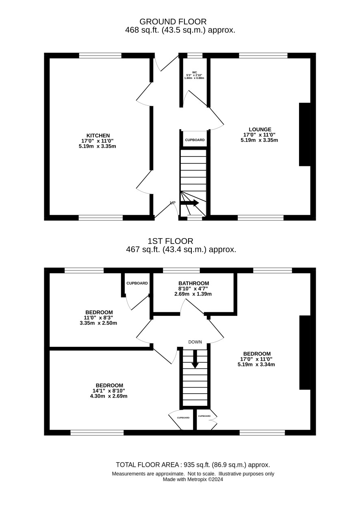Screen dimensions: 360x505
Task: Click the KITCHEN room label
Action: point(98,135)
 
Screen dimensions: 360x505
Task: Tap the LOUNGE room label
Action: point(260,129)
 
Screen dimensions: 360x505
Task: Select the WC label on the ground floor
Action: point(194,72)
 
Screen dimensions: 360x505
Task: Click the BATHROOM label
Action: point(193,283)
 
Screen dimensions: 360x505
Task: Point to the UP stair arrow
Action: point(189,202)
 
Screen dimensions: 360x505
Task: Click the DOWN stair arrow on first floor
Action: point(195,359)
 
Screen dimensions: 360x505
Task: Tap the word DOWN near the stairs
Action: point(195,342)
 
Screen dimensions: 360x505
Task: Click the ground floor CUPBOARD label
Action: point(195,140)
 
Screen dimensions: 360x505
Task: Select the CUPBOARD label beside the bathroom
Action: point(137,283)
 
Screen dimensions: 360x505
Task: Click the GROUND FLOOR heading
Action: point(173,22)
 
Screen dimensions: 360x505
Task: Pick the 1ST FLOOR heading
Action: point(170,241)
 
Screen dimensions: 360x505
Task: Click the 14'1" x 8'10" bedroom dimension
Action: point(108,391)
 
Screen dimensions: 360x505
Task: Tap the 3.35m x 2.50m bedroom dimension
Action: point(98,323)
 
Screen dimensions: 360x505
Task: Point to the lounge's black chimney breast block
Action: point(305,134)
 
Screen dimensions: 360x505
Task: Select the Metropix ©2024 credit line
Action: point(193,479)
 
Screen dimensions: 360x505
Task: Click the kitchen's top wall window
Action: point(100,55)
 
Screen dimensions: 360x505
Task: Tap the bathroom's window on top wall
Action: point(181,270)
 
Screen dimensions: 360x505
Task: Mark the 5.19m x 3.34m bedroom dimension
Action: point(256,365)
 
